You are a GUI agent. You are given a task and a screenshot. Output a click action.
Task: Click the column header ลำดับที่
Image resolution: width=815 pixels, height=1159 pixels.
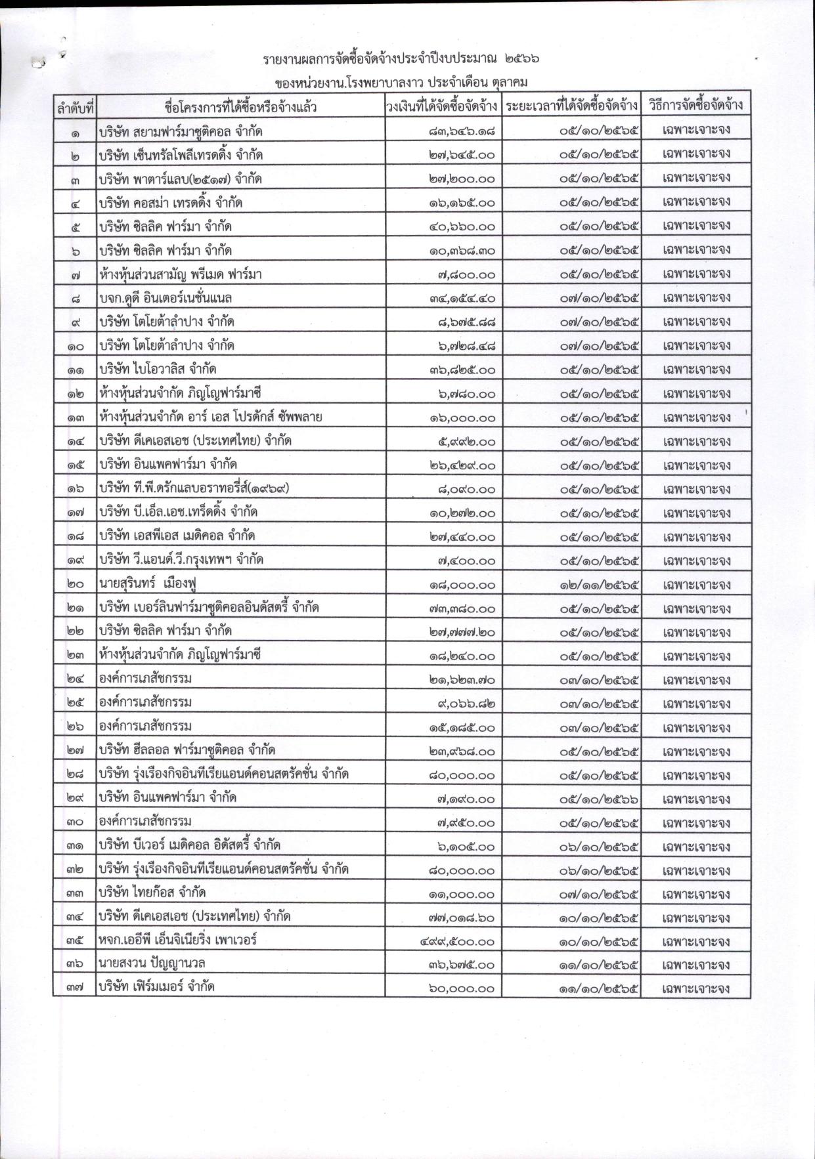75,107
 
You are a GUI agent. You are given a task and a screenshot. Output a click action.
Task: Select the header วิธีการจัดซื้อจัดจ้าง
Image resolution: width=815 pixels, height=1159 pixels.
695,106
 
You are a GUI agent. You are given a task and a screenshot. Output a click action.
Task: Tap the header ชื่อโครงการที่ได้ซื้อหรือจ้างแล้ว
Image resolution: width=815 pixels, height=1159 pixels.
240,107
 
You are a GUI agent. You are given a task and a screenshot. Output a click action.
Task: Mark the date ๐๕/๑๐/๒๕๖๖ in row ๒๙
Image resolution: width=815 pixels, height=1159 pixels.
600,799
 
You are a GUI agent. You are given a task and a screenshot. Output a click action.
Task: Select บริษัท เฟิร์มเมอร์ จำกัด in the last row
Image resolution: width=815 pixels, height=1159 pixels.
157,988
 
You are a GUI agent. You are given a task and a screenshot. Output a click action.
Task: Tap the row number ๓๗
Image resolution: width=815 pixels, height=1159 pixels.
75,988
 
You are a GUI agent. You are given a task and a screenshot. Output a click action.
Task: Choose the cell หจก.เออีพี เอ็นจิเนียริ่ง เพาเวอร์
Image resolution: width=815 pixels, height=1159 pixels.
177,940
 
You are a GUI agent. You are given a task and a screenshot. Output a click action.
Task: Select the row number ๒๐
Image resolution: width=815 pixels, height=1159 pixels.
75,584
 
